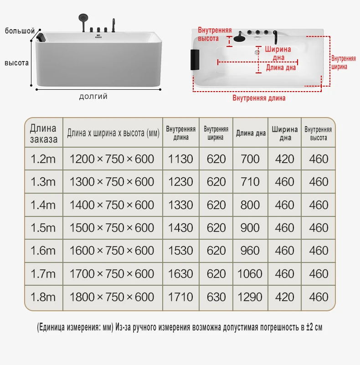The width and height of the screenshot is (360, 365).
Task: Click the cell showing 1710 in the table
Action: tap(181, 297)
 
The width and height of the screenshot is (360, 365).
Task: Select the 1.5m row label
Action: tap(43, 228)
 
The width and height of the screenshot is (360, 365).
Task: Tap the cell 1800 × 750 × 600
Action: tap(112, 297)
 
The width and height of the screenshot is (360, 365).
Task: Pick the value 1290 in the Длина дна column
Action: tap(250, 297)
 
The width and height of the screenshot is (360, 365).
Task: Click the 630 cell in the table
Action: tap(216, 297)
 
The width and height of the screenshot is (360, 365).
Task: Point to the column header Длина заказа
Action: tap(44, 134)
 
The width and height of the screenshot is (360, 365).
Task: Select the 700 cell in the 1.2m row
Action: tap(250, 159)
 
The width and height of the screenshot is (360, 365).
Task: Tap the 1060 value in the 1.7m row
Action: tap(250, 274)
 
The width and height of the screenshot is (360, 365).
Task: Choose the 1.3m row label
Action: tap(43, 182)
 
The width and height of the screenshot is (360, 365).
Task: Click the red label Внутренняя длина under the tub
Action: tap(259, 98)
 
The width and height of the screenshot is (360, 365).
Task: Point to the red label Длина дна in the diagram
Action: tap(281, 68)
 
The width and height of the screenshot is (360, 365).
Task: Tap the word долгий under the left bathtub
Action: tap(93, 97)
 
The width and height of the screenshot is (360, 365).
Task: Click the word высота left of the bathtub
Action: tap(17, 62)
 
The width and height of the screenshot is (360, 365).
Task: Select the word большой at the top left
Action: tap(20, 31)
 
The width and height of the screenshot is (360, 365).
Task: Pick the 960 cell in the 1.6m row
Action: tap(250, 251)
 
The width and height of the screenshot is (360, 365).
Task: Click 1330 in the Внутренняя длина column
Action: tap(181, 205)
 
